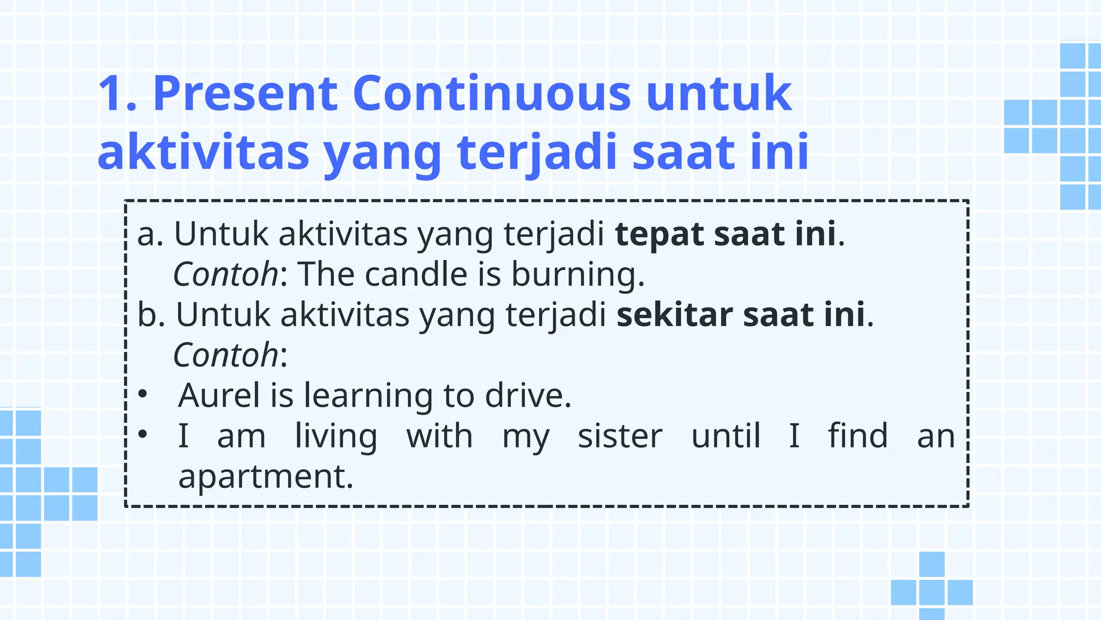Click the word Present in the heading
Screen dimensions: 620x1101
[246, 94]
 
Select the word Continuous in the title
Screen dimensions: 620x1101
[491, 94]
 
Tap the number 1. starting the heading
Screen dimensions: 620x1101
[118, 94]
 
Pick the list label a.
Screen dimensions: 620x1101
[150, 235]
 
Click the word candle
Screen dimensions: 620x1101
[416, 274]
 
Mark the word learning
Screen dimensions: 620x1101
[368, 397]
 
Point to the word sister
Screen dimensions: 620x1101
[620, 436]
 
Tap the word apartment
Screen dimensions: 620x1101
[265, 477]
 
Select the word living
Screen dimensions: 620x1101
[336, 437]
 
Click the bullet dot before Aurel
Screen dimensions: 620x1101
[142, 394]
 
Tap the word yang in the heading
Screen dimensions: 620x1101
[383, 153]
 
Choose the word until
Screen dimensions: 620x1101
[725, 436]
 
